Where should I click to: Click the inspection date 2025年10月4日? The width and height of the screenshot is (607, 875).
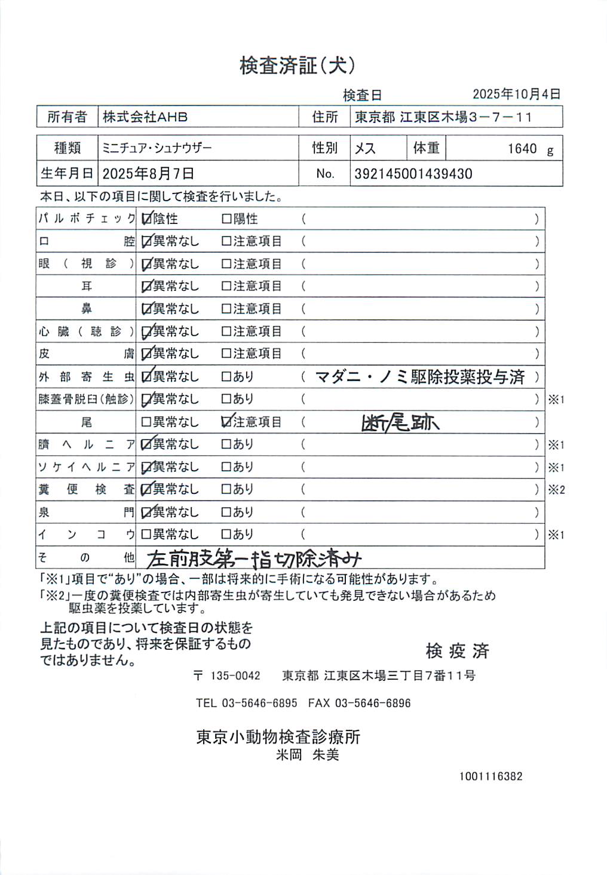tap(516, 94)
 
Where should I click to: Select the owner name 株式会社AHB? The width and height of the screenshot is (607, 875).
tap(145, 117)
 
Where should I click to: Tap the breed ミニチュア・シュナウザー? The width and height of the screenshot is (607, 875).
tap(157, 148)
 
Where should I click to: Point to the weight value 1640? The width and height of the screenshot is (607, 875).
tap(522, 149)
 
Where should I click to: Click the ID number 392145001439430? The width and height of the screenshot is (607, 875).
tap(413, 174)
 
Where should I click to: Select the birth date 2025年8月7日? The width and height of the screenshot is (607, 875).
tap(148, 174)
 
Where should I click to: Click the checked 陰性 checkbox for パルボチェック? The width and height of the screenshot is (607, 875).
tap(146, 219)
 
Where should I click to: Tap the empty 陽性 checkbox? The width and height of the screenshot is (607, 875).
tap(226, 219)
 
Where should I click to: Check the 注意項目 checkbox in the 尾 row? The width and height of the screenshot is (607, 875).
tap(226, 422)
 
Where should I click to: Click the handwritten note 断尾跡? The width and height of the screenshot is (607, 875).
tap(400, 423)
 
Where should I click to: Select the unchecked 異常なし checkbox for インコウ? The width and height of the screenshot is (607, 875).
tap(146, 535)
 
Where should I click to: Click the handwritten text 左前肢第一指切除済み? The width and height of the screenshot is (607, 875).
tap(254, 558)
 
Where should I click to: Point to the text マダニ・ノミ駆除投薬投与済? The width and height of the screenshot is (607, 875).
tap(419, 377)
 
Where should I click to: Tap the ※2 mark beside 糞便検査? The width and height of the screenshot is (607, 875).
tap(556, 490)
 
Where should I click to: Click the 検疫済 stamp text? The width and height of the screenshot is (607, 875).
tap(457, 650)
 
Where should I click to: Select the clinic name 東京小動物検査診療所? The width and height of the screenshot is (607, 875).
tap(278, 737)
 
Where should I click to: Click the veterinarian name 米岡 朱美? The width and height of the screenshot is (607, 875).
tap(307, 755)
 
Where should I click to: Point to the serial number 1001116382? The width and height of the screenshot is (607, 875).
tap(490, 776)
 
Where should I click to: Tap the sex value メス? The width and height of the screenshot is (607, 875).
tap(365, 149)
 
